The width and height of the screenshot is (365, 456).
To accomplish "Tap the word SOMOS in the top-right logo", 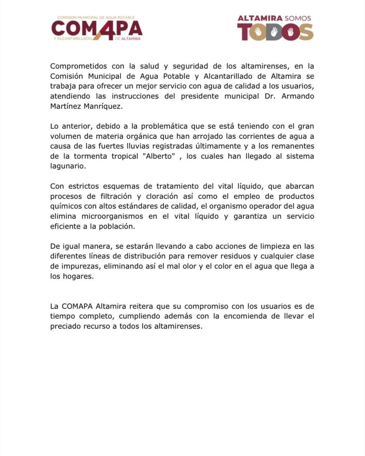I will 293,18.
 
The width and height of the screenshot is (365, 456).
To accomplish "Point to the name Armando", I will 298,96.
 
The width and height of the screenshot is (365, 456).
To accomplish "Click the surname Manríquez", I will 101,106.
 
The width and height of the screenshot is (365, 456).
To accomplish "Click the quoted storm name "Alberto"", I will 161,156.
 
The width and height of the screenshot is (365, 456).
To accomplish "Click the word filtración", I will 116,196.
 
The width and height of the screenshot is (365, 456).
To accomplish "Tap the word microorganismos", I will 112,216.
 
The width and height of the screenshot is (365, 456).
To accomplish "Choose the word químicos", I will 66,206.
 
